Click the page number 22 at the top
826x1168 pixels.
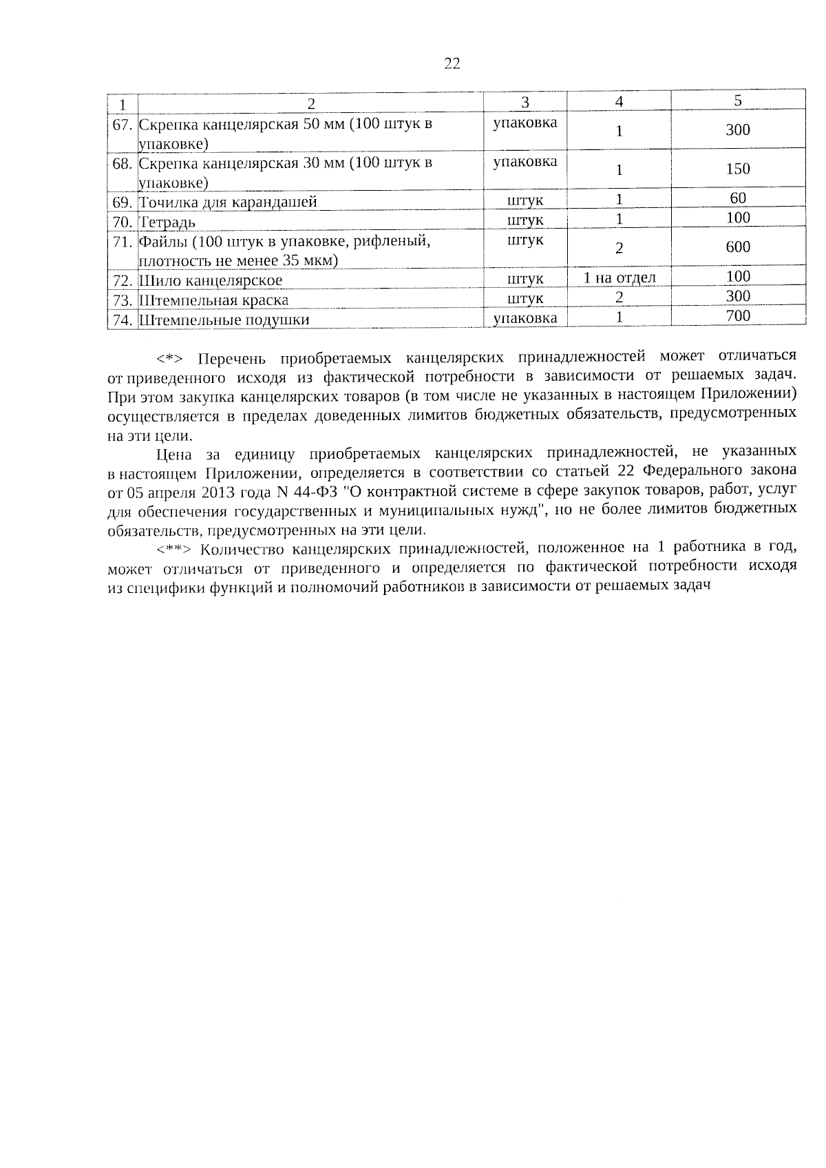pyautogui.click(x=452, y=64)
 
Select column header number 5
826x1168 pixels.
pyautogui.click(x=737, y=101)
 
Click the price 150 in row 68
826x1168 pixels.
pyautogui.click(x=737, y=169)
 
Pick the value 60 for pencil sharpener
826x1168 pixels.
pyautogui.click(x=737, y=199)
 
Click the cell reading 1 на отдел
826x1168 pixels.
pyautogui.click(x=619, y=278)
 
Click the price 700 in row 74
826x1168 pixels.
pyautogui.click(x=737, y=316)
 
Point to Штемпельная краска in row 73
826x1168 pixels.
pyautogui.click(x=214, y=301)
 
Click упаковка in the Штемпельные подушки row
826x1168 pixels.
pyautogui.click(x=525, y=318)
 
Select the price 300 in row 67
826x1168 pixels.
pyautogui.click(x=737, y=130)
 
